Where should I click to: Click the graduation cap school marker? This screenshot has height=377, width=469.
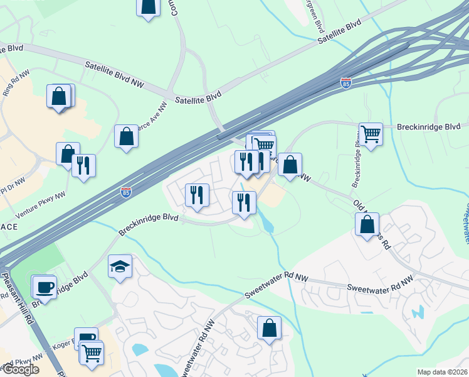tap(120, 266)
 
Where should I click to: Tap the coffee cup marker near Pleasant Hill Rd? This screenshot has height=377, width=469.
tap(44, 287)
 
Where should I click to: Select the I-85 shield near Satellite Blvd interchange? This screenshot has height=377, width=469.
tap(346, 82)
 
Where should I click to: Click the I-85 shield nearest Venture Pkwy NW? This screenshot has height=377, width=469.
tap(126, 191)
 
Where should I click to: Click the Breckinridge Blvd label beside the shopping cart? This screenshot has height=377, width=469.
tap(428, 126)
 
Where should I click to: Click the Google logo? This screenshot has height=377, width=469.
tap(20, 369)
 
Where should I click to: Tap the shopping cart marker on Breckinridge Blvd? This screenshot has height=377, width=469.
tap(371, 134)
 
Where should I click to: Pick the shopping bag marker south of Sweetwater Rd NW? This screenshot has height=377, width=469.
tap(269, 328)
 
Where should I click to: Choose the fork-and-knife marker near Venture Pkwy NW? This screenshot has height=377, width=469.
tap(83, 166)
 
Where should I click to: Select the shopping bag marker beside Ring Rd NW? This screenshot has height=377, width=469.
tap(59, 97)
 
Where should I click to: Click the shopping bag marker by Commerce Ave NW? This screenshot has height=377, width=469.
tap(126, 136)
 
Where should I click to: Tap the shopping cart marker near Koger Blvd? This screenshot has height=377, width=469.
tap(92, 353)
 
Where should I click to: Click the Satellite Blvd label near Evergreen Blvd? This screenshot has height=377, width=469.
tap(340, 31)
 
